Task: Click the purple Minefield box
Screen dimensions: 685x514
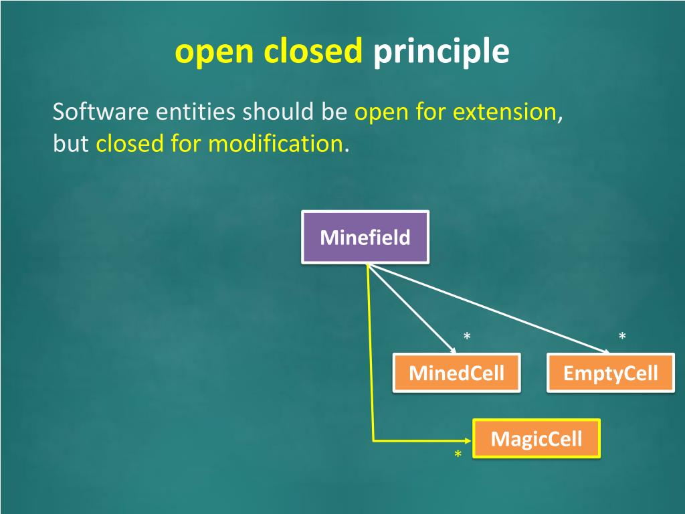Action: tap(365, 237)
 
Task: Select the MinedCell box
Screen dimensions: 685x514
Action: tap(456, 373)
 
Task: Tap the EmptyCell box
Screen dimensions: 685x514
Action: tap(611, 373)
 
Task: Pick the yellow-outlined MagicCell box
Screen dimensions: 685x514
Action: tap(536, 439)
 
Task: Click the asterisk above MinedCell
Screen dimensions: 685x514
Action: tap(467, 335)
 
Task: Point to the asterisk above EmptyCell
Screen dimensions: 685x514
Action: tap(622, 335)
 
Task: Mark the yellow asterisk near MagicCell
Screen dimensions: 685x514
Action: tap(458, 455)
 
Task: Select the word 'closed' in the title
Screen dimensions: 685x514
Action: tap(314, 52)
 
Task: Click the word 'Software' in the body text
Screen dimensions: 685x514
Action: tap(101, 112)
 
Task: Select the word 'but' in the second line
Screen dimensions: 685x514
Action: tap(71, 143)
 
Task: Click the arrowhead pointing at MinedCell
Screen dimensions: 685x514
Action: tap(454, 351)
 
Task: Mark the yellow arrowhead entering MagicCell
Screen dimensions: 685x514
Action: tap(468, 440)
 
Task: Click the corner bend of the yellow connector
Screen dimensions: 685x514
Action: tap(373, 440)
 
